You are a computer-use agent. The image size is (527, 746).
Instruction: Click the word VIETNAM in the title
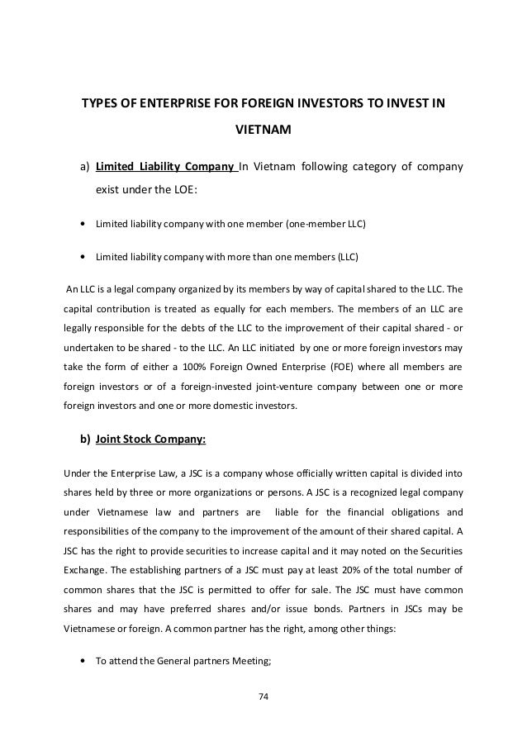point(263,131)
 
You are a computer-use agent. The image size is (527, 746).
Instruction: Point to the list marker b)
point(84,440)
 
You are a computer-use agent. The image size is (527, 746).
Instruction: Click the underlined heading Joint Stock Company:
point(151,440)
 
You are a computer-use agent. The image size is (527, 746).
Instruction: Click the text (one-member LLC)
point(326,223)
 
